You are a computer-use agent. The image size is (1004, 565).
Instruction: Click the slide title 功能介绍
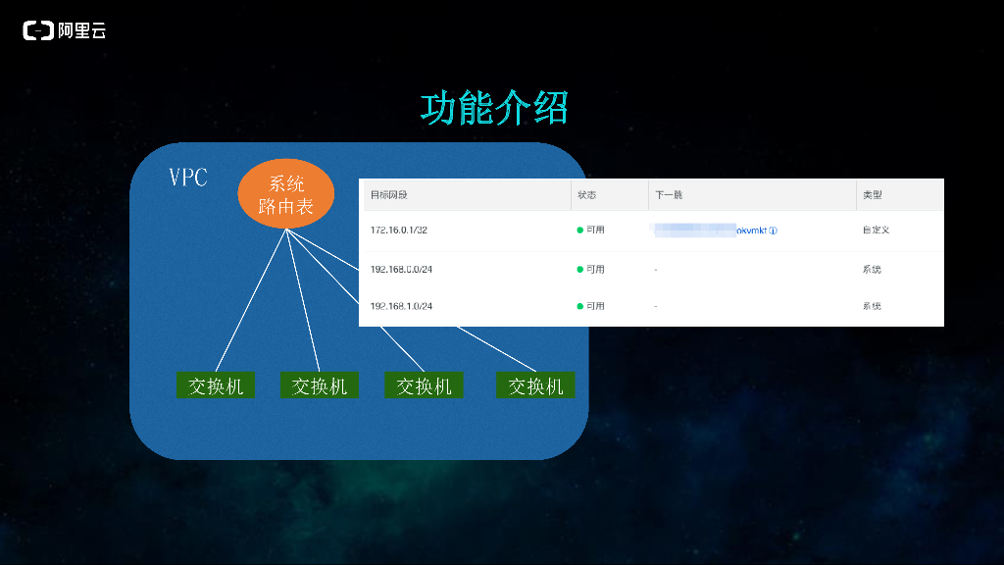[495, 109]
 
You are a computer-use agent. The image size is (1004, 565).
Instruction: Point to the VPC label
[187, 178]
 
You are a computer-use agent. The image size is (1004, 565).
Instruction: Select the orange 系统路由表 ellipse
[285, 193]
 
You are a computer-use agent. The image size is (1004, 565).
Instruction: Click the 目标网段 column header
[388, 195]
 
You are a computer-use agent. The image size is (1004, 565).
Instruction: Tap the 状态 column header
[586, 195]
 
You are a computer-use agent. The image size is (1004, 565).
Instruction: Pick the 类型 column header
[872, 195]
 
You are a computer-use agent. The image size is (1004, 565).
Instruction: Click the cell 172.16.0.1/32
[399, 231]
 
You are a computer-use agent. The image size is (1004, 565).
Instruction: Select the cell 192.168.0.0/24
[401, 269]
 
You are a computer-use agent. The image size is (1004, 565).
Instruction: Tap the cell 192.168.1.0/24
[401, 306]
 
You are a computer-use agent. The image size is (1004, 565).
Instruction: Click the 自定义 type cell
[876, 231]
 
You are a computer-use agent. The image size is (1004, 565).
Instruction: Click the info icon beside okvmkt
[774, 231]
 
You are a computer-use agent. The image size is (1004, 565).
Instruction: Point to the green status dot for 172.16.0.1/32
[580, 231]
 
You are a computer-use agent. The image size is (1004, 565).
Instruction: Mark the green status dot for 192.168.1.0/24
[580, 306]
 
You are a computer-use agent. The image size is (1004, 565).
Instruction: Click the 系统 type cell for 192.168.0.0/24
[872, 269]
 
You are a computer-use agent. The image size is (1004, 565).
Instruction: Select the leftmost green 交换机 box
[216, 385]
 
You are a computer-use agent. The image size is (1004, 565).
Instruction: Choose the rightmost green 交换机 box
[535, 385]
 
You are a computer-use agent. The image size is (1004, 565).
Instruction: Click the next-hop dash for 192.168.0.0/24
[656, 269]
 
